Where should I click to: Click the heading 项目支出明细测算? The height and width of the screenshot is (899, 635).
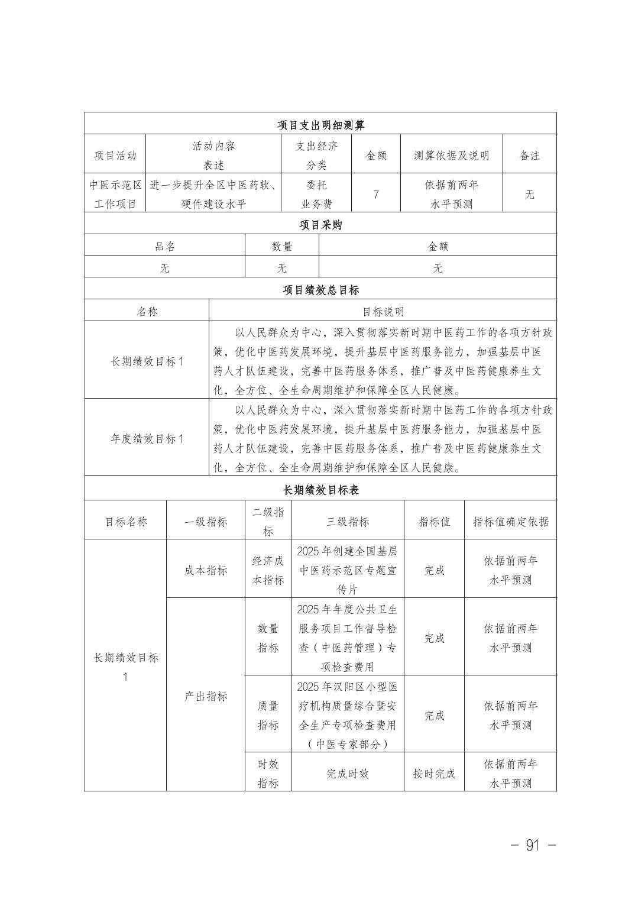coord(320,125)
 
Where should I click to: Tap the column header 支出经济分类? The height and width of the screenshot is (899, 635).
coord(316,155)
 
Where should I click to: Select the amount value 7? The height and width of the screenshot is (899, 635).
coord(376,194)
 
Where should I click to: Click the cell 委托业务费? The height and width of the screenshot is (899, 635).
coord(316,194)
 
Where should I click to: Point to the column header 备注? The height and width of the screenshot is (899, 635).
coord(530,156)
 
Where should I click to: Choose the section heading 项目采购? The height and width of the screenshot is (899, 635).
coord(320,225)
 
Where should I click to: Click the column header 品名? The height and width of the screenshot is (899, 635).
coord(165,247)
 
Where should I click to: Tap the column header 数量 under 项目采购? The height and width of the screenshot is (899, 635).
coord(282,247)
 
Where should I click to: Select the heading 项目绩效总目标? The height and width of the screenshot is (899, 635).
coord(320,290)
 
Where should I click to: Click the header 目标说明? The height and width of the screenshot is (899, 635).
coord(383,312)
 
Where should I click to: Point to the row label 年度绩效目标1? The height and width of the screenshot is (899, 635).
coord(147,438)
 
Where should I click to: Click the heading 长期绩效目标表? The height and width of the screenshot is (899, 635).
coord(320,490)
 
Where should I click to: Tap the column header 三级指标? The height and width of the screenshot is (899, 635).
coord(348,522)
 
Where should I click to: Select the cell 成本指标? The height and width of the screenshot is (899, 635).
coord(206,570)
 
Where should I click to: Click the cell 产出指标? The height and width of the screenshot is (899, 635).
coord(206,696)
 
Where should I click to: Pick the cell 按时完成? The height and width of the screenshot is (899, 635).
coord(434,774)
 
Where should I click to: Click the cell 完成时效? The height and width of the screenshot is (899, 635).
coord(348,774)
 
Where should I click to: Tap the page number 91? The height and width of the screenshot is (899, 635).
coord(533,845)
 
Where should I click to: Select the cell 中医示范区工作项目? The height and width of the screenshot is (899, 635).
coord(115,194)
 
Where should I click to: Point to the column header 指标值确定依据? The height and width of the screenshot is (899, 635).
coord(510,522)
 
